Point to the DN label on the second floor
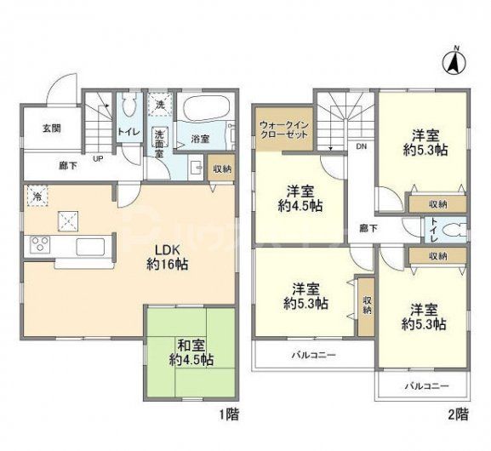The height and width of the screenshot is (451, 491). [x=361, y=146]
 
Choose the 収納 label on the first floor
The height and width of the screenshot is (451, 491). [x=220, y=170]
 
